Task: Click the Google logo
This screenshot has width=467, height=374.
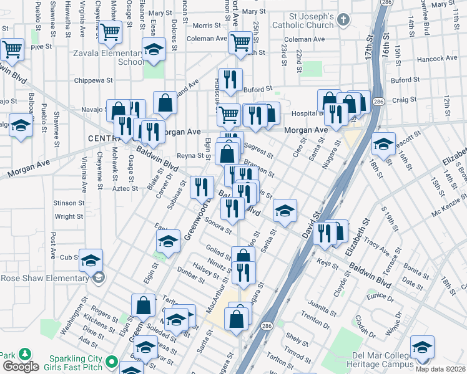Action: coord(20,367)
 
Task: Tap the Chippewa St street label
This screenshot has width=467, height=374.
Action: coord(92,80)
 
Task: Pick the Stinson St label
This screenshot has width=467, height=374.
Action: coord(69,203)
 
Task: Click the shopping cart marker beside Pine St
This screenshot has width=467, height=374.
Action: coord(12,49)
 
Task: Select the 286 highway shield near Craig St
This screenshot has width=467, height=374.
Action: coord(378,100)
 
